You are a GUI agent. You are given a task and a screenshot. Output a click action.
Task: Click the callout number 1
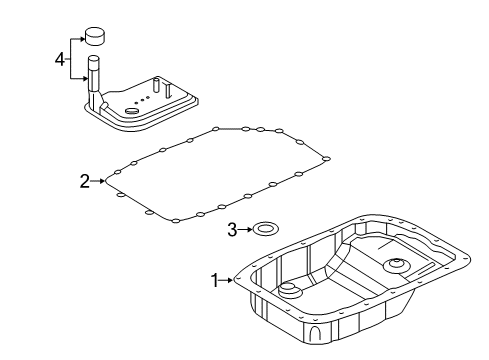(x=212, y=281)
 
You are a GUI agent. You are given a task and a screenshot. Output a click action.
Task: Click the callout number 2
(x=85, y=181)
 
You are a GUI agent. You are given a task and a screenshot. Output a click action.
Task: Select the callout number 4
(x=59, y=59)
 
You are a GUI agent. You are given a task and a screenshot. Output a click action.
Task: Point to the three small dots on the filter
(x=145, y=99)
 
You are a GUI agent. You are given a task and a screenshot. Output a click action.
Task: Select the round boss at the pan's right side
(x=395, y=266)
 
